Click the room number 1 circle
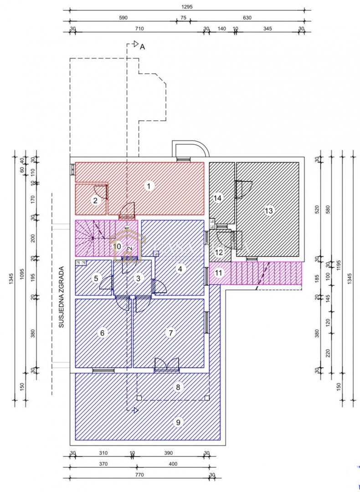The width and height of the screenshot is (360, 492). click(x=148, y=185)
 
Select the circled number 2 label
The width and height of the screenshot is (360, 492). click(x=95, y=200)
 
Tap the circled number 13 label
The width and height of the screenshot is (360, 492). click(x=269, y=210)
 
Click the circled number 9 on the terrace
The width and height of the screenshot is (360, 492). click(x=178, y=422)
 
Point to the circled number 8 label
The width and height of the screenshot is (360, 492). click(x=179, y=387)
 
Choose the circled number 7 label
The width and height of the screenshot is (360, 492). click(x=170, y=333)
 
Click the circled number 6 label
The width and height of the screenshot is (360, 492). click(x=102, y=333)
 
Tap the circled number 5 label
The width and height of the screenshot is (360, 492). click(x=96, y=278)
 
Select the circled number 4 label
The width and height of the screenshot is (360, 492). click(x=180, y=269)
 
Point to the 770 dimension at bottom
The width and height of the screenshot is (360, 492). click(x=139, y=474)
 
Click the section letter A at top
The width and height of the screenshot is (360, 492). click(x=142, y=46)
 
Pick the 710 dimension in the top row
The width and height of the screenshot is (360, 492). click(x=139, y=29)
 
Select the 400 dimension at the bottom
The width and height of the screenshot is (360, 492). click(x=173, y=464)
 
